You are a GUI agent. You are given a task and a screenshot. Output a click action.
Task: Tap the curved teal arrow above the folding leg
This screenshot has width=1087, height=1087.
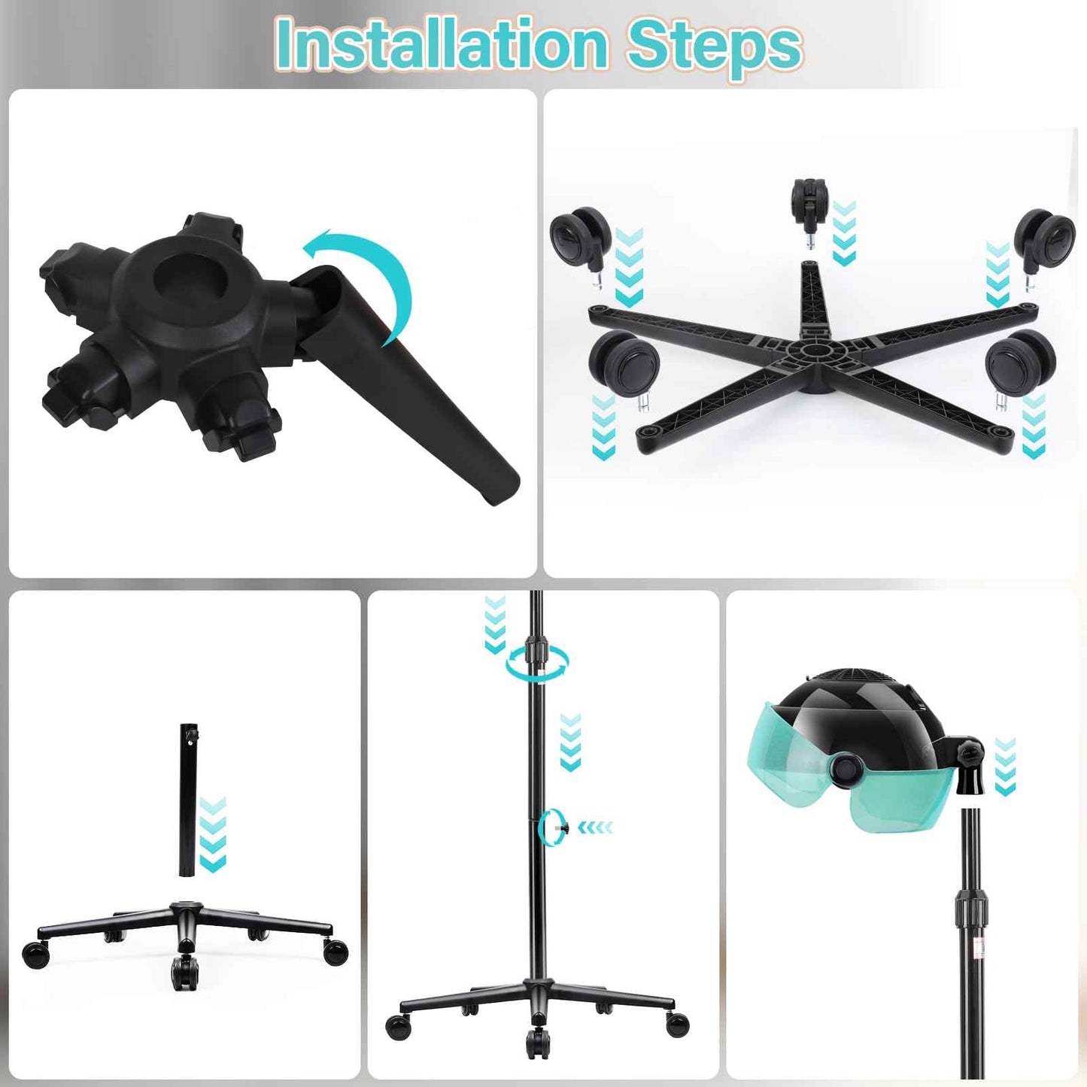369,278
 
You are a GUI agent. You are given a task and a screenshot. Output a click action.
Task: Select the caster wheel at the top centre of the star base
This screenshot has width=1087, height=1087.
809,202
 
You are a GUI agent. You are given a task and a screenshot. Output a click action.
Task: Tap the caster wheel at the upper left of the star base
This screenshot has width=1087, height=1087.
579,235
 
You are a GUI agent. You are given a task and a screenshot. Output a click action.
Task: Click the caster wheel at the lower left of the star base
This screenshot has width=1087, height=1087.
624,363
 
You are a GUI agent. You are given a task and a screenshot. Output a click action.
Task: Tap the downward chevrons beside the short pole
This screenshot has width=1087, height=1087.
213,835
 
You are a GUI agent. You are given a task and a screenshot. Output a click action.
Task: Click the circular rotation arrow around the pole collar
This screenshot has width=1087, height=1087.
537,663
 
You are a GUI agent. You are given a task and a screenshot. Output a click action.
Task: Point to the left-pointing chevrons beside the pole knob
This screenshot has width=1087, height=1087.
596,827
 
